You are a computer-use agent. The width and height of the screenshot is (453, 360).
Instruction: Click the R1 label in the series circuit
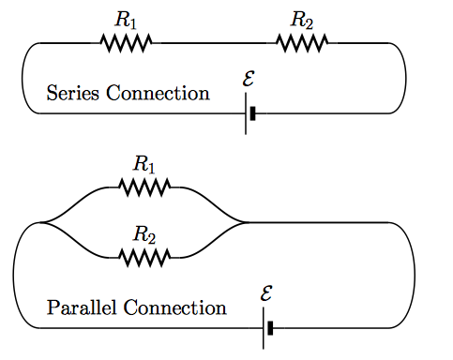pyautogui.click(x=125, y=19)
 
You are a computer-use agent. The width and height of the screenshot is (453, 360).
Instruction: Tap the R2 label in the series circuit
pyautogui.click(x=302, y=19)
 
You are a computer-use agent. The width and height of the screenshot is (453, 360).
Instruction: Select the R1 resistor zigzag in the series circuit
pyautogui.click(x=126, y=42)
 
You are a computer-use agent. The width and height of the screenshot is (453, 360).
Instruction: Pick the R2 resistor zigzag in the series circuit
pyautogui.click(x=302, y=42)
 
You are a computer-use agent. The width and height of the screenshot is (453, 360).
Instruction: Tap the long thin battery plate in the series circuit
pyautogui.click(x=246, y=113)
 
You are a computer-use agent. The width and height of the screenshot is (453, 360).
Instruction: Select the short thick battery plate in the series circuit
pyautogui.click(x=253, y=113)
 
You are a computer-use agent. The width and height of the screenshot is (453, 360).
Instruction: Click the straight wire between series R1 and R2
pyautogui.click(x=214, y=43)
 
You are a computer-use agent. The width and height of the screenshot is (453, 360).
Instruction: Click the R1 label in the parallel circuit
pyautogui.click(x=143, y=164)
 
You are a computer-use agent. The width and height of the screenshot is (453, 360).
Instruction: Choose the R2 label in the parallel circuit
pyautogui.click(x=143, y=232)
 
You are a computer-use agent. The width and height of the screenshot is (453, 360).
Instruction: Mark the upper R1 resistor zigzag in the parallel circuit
pyautogui.click(x=143, y=187)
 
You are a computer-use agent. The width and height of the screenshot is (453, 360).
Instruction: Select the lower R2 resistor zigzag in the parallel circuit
pyautogui.click(x=144, y=256)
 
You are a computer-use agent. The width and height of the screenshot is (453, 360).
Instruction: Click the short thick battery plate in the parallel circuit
pyautogui.click(x=271, y=328)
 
